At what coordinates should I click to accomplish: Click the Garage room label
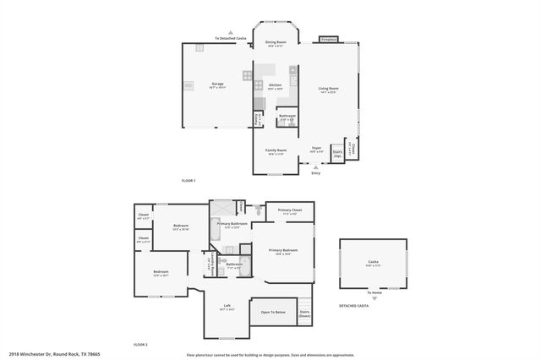coord(217,85)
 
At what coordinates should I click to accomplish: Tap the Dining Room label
coord(276,43)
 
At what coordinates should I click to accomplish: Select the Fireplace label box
coord(329,40)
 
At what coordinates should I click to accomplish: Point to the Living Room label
coord(328,90)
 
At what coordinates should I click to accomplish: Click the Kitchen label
coord(276,85)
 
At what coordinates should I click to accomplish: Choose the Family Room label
coord(276,151)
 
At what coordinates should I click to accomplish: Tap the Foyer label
coord(316,149)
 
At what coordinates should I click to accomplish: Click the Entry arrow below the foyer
coord(316,167)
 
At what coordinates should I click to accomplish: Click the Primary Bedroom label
coord(284,252)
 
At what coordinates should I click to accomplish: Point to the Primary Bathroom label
coord(232,225)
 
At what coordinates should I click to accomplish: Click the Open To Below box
coord(271,313)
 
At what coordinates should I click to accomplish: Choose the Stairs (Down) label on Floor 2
coord(304,314)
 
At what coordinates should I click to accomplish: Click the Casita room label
coord(373,264)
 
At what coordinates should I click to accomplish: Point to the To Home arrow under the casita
coord(373,297)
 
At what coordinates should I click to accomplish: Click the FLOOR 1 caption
coord(189,181)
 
